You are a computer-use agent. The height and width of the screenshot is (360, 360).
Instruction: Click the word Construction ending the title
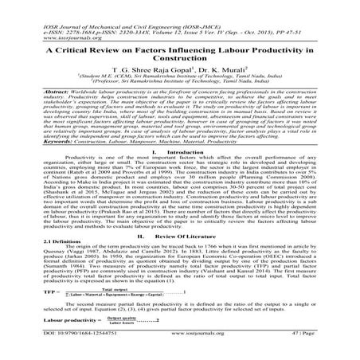coord(180,59)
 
